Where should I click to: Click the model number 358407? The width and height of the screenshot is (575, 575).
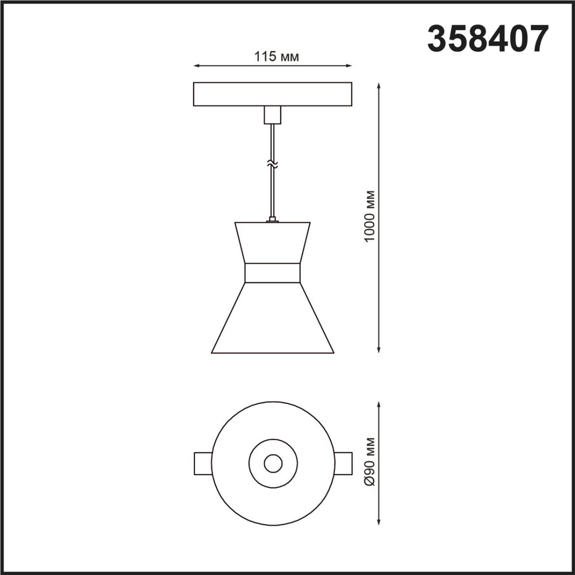[488, 39]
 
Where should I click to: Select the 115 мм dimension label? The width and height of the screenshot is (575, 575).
[276, 57]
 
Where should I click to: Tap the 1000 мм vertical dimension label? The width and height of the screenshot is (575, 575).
[370, 216]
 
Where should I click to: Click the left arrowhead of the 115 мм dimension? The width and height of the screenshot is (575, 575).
[196, 66]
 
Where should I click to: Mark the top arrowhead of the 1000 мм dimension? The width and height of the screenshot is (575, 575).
[380, 85]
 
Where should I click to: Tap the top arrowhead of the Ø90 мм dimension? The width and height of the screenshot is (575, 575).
[380, 405]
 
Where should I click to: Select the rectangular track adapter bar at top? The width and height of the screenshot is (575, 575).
[272, 94]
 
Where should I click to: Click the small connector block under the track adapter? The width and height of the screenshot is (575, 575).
[272, 115]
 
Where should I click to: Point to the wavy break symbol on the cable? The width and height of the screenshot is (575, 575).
[272, 164]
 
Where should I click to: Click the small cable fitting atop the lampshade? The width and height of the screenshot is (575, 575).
[272, 220]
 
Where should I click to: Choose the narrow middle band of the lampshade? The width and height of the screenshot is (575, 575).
[272, 273]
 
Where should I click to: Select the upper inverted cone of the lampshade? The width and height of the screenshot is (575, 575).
[272, 243]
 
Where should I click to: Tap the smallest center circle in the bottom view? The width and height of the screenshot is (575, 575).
[273, 463]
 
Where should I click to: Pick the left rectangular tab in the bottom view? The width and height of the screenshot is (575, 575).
[203, 463]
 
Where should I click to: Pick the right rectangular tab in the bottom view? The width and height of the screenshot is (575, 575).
[342, 463]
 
